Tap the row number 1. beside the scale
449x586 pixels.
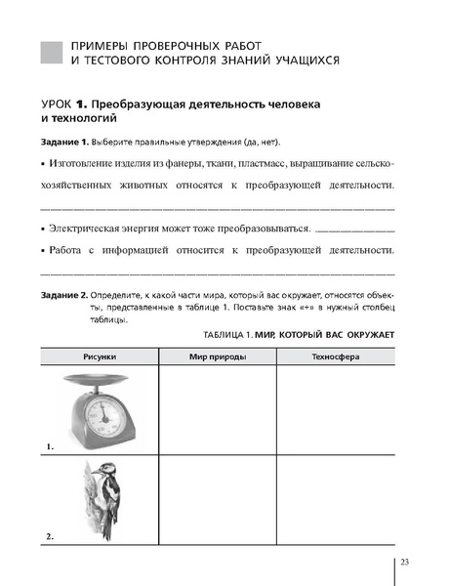click(50, 446)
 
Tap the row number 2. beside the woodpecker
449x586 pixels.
click(50, 537)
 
